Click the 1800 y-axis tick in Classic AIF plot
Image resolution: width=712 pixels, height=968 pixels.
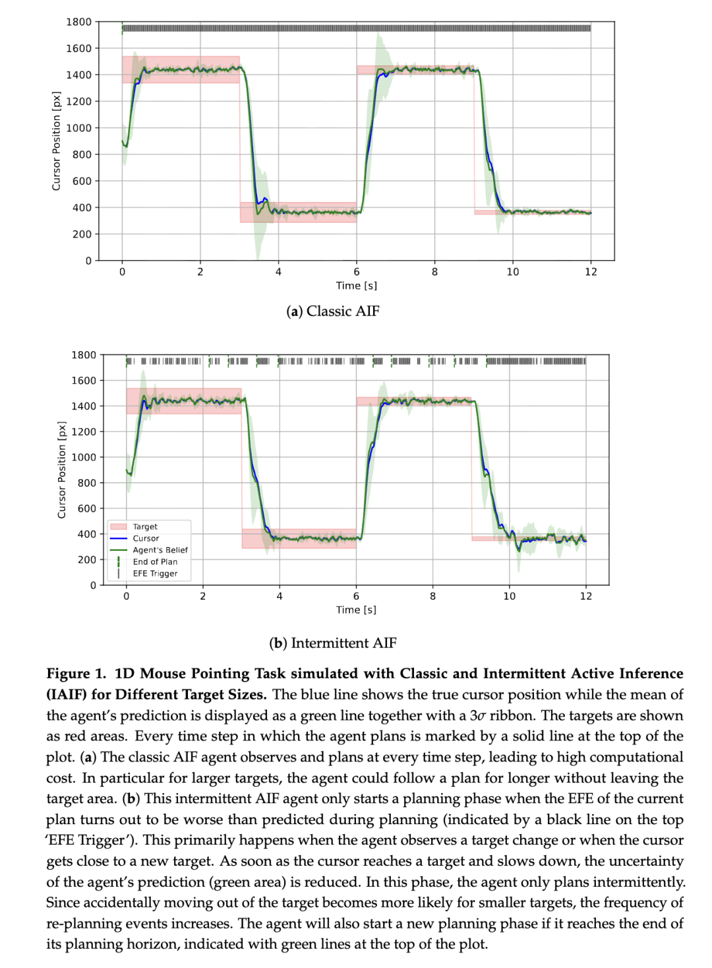click(x=78, y=22)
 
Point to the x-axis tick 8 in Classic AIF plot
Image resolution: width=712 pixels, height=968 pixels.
click(x=434, y=272)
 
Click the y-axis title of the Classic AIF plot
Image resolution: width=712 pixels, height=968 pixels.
click(x=56, y=141)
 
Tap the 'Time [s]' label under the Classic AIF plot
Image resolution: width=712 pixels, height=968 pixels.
click(x=356, y=286)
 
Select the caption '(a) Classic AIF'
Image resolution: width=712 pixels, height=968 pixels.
click(x=332, y=311)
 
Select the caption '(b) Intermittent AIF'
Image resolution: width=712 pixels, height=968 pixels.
click(x=332, y=643)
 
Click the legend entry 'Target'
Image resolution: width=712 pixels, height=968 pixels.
click(x=145, y=527)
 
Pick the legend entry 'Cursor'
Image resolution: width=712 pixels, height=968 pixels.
click(x=146, y=538)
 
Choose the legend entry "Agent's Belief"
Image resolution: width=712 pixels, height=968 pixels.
click(x=160, y=550)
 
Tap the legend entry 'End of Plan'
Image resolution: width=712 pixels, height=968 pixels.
click(x=155, y=562)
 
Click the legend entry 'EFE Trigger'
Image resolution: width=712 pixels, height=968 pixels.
click(x=155, y=573)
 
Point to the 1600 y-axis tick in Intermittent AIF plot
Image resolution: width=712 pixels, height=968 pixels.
click(x=84, y=381)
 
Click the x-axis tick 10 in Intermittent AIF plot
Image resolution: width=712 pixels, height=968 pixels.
click(x=510, y=597)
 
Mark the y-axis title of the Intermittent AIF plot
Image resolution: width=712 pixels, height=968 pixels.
click(x=62, y=470)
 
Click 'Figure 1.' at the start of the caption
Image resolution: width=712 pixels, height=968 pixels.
click(x=76, y=674)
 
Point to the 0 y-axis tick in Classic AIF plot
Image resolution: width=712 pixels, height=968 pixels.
click(x=88, y=261)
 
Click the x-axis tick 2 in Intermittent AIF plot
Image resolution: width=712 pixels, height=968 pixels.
click(x=203, y=597)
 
